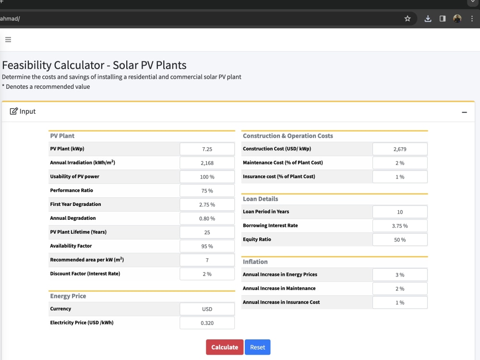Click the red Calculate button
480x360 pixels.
[x=225, y=347]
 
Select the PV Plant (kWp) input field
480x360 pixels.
[x=207, y=149]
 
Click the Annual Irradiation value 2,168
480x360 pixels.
[x=207, y=163]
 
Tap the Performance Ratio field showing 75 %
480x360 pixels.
[x=207, y=191]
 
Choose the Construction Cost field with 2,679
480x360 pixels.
[x=400, y=149]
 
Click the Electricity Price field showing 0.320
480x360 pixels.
[x=207, y=323]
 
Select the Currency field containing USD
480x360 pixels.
[x=207, y=309]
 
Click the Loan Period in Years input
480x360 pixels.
[x=400, y=212]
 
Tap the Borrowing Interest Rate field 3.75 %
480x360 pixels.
[x=400, y=226]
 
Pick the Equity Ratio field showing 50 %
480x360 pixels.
[x=400, y=240]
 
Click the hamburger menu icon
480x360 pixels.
[x=8, y=39]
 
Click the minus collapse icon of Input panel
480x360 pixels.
[x=464, y=112]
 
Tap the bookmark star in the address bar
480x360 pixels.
[x=408, y=19]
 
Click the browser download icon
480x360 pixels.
[x=428, y=19]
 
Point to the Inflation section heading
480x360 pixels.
[x=255, y=262]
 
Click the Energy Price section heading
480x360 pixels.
[x=68, y=296]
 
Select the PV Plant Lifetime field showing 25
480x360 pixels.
[x=207, y=232]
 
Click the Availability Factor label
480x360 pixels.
[x=71, y=246]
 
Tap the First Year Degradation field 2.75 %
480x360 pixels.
[x=207, y=204]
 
